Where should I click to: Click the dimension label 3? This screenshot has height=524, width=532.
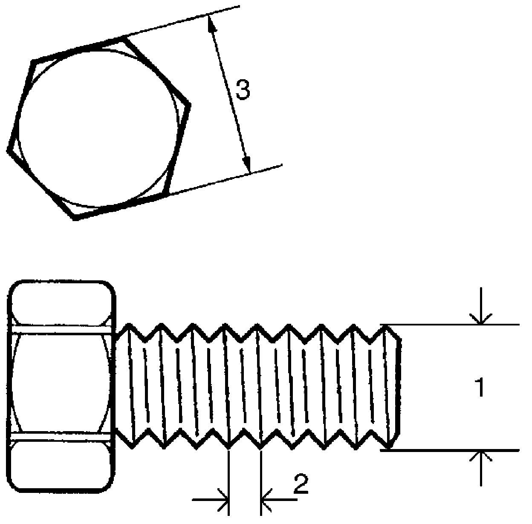[x=243, y=91]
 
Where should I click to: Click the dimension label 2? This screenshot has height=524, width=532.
[x=301, y=484]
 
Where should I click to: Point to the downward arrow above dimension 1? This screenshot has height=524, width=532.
[x=481, y=317]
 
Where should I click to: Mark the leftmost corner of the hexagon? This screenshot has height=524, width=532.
[x=8, y=150]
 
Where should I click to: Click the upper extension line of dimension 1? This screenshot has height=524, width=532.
[x=452, y=325]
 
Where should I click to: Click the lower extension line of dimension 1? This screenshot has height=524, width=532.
[x=452, y=450]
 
